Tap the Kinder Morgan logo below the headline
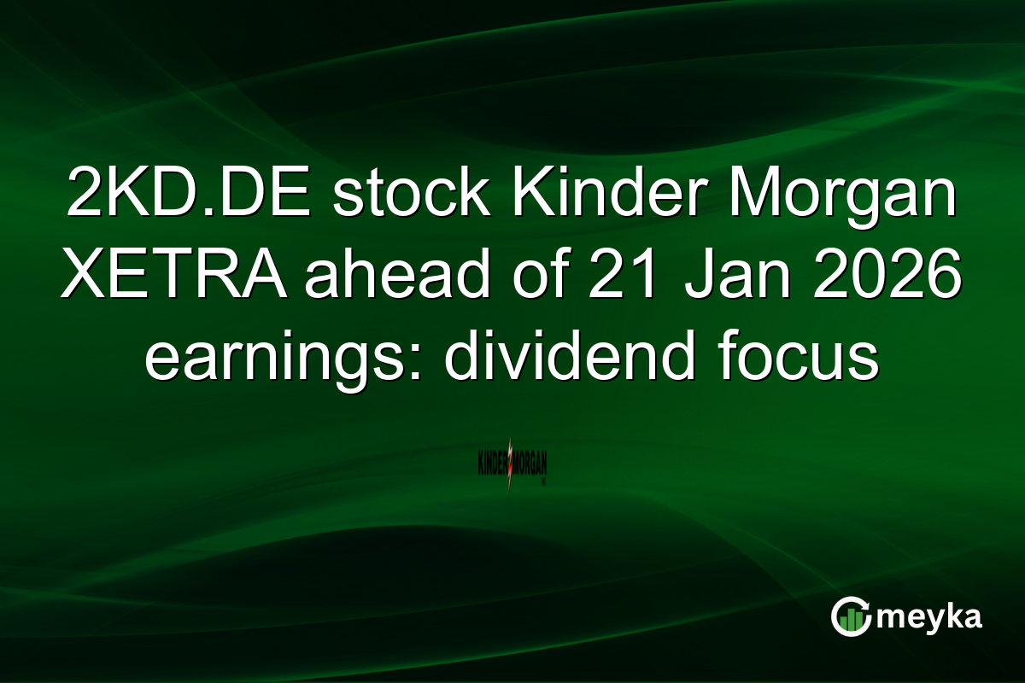512,465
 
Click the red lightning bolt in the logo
511,465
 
